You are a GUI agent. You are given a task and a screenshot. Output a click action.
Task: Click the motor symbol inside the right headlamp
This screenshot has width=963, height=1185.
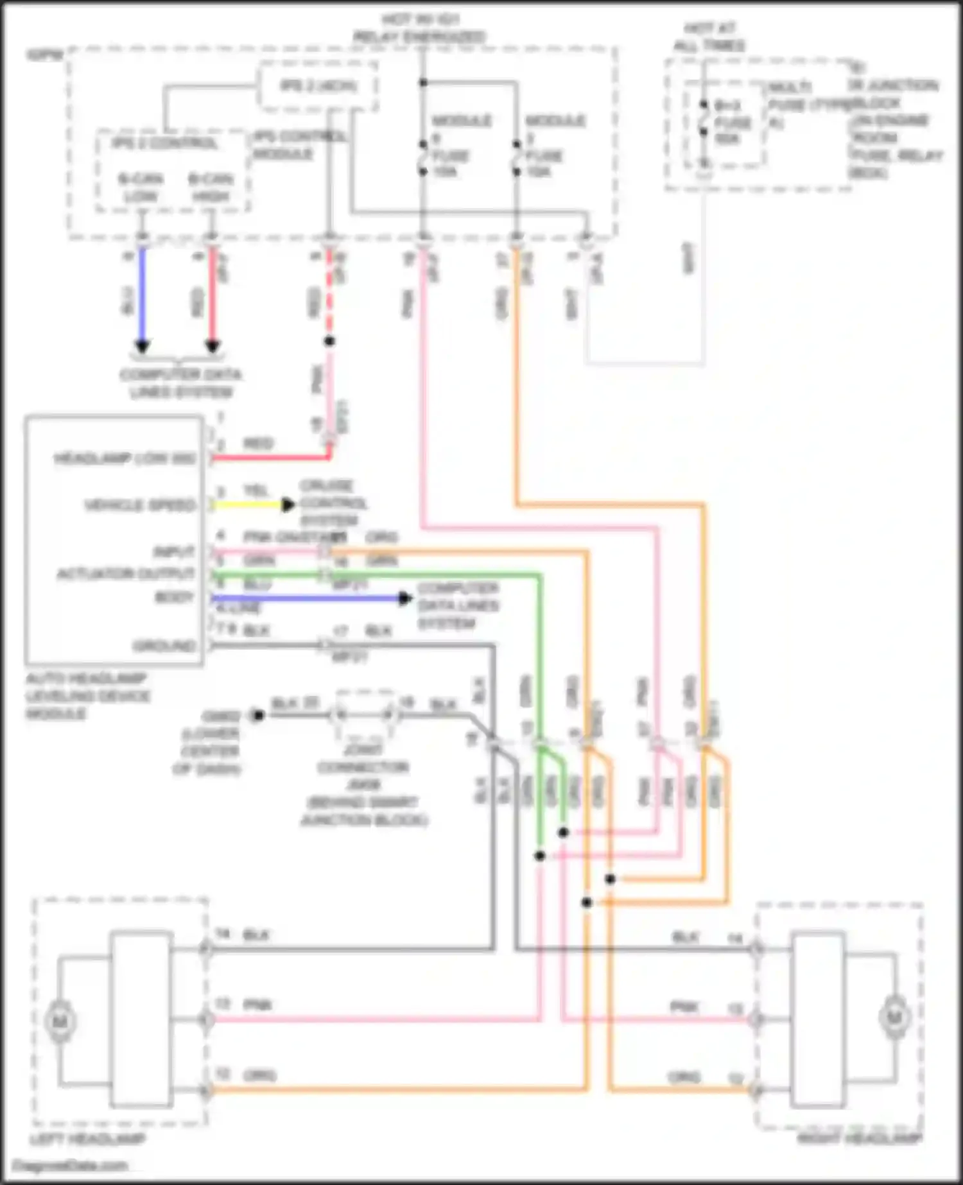pos(894,1017)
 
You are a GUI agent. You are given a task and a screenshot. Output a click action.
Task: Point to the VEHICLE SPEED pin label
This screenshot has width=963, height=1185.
pos(140,505)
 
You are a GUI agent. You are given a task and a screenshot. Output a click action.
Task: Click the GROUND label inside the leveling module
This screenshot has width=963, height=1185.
pos(164,645)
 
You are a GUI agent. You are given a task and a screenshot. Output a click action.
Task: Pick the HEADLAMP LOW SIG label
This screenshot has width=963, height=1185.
pos(125,458)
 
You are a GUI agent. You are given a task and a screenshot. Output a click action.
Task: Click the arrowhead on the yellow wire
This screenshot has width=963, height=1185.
pos(289,505)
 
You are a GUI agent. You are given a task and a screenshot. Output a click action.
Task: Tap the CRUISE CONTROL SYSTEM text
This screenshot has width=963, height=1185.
pos(333,503)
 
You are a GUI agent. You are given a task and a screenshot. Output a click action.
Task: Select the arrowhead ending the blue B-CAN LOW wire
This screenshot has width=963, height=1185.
pos(143,347)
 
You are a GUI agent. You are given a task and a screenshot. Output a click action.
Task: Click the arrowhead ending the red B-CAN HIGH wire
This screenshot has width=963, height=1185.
pos(213,347)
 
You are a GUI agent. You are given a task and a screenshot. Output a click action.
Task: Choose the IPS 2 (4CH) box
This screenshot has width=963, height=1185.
pos(318,86)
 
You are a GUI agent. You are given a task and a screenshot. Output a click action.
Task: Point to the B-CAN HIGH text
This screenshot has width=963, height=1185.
pos(211,187)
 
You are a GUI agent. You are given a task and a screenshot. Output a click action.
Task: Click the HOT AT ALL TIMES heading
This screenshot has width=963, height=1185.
pos(709,37)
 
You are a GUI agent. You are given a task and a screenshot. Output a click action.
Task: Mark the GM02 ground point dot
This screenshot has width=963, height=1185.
pos(257,715)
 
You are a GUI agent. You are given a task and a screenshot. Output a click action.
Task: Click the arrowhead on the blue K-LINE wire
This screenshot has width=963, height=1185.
pos(404,599)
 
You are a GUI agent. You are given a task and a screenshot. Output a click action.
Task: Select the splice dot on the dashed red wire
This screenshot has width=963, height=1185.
pos(329,342)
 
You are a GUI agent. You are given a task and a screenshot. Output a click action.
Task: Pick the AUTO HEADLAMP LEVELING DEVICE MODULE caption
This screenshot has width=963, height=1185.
pos(88,696)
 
